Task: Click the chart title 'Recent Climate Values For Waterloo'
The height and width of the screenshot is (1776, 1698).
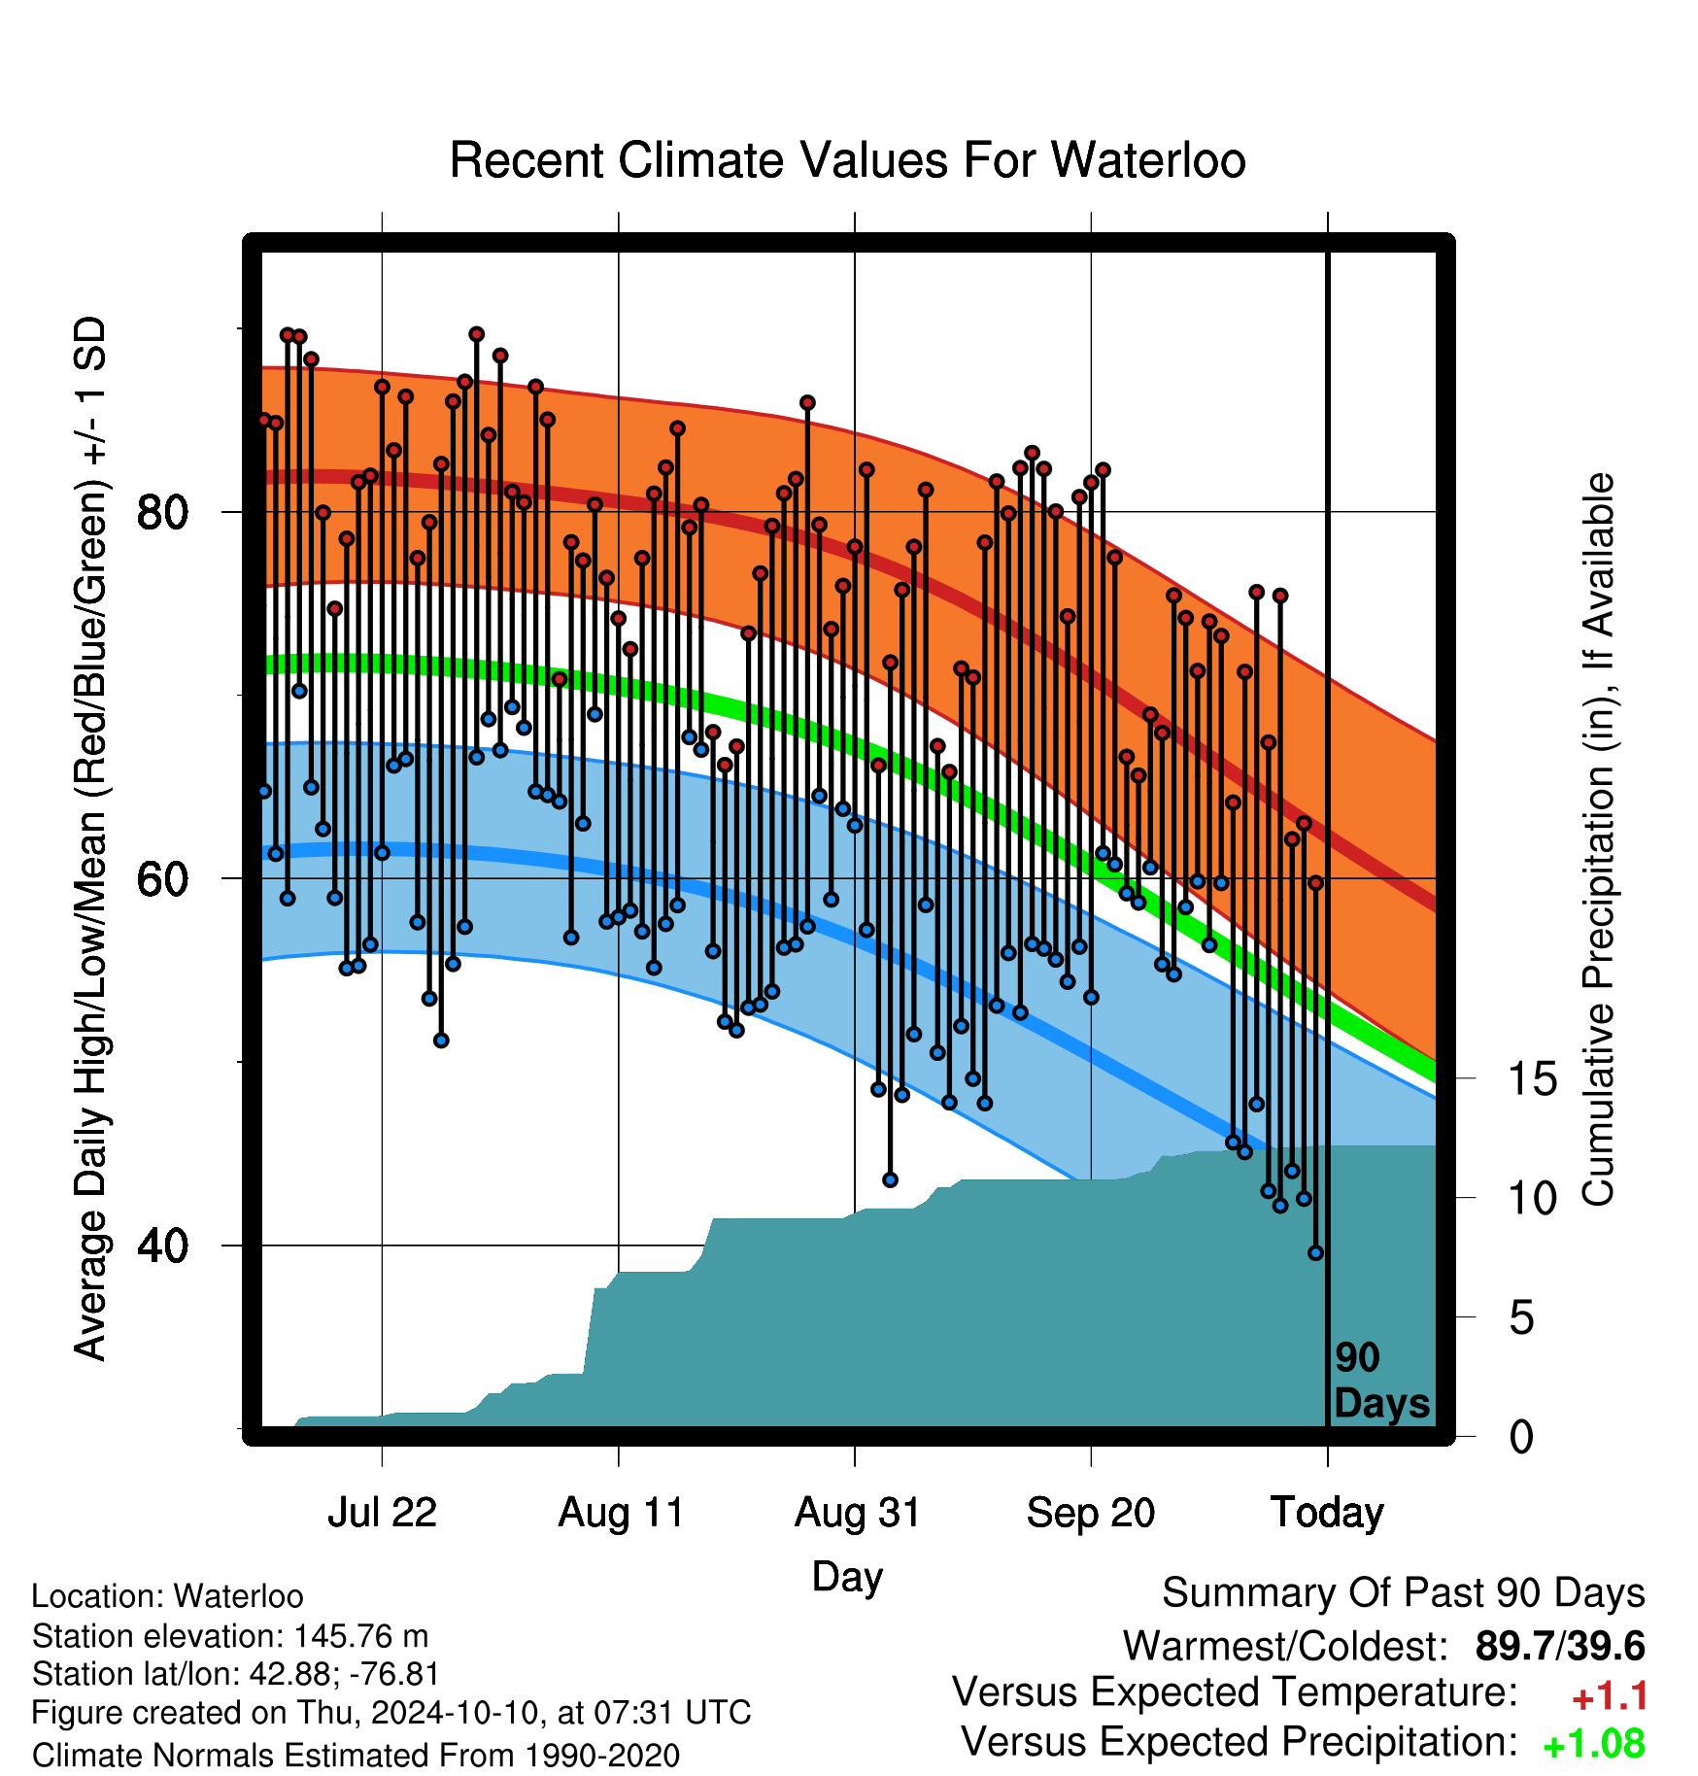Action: [x=847, y=160]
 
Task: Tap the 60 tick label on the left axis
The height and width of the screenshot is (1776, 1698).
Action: [x=162, y=878]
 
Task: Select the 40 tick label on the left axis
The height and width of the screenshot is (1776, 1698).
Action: [x=162, y=1245]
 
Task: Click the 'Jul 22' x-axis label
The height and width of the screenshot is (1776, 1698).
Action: [x=382, y=1513]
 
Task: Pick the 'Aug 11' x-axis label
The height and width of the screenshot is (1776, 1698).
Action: [x=620, y=1513]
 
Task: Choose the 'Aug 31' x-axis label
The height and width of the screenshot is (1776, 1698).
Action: [x=857, y=1513]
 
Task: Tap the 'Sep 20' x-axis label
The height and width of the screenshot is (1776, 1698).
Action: [x=1091, y=1513]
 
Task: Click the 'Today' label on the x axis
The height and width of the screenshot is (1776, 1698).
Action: [x=1327, y=1513]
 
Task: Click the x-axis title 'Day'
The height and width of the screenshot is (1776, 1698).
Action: [x=847, y=1577]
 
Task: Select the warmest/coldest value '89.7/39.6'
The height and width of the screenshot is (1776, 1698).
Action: [x=1560, y=1646]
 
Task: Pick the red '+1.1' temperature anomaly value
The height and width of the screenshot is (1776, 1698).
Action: [x=1610, y=1696]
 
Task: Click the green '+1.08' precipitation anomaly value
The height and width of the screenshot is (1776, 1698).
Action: [x=1594, y=1744]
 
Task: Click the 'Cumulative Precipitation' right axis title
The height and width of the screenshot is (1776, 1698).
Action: [x=1598, y=839]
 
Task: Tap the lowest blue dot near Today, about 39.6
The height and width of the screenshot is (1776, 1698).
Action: [x=1316, y=1253]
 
